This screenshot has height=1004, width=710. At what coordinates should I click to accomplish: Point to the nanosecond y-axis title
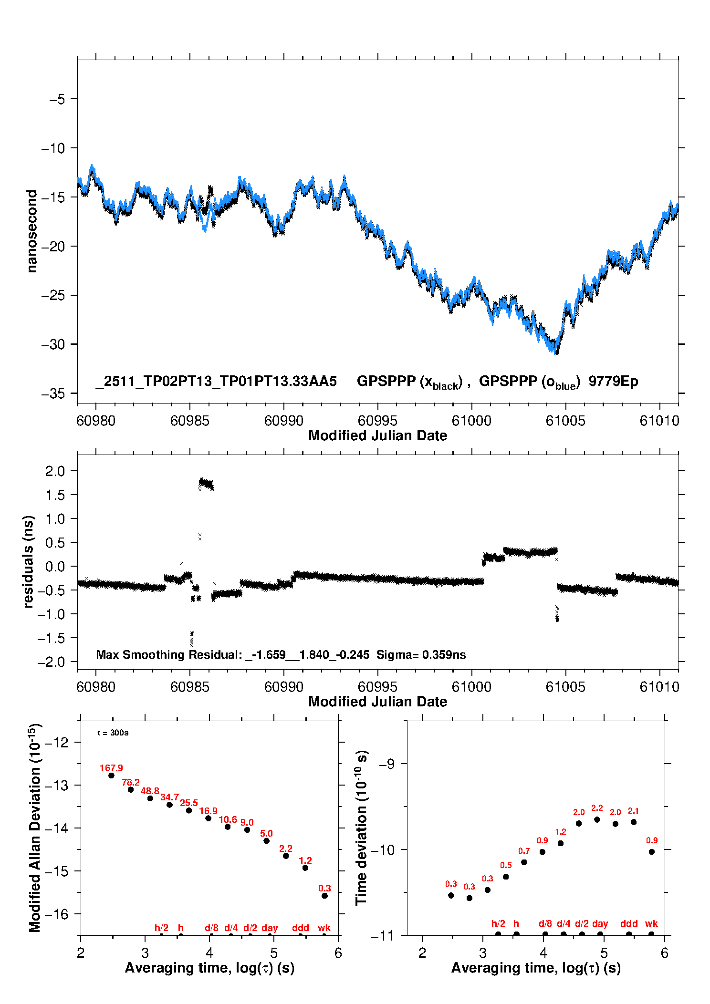(31, 231)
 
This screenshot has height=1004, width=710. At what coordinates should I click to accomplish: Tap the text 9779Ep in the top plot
(613, 381)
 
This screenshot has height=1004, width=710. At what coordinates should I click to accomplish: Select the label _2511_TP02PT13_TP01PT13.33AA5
(216, 381)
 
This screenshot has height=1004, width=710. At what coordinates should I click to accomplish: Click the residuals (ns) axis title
(28, 561)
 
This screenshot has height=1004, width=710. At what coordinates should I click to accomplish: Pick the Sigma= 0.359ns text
(421, 654)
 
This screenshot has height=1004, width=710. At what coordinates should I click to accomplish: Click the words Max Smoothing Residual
(169, 654)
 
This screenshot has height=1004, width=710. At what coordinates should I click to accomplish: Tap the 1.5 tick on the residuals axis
(55, 495)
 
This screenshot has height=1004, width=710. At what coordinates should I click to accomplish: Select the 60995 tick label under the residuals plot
(377, 687)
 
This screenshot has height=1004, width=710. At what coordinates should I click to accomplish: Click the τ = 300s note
(113, 733)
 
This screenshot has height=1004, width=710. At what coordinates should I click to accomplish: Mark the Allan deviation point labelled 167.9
(111, 775)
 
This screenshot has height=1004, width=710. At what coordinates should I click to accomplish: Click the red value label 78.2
(131, 782)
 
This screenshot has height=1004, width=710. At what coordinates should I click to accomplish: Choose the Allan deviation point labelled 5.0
(267, 840)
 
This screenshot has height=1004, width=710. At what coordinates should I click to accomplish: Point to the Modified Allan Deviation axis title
(35, 828)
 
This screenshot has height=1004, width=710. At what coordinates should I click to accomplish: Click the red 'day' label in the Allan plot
(270, 928)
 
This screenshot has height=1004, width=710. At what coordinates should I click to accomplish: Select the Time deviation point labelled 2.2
(597, 819)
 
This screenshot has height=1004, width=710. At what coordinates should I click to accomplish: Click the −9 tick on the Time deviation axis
(386, 764)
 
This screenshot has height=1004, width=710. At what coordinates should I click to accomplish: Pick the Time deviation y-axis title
(361, 828)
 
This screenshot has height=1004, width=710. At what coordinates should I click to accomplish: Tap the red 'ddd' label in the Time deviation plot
(629, 923)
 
